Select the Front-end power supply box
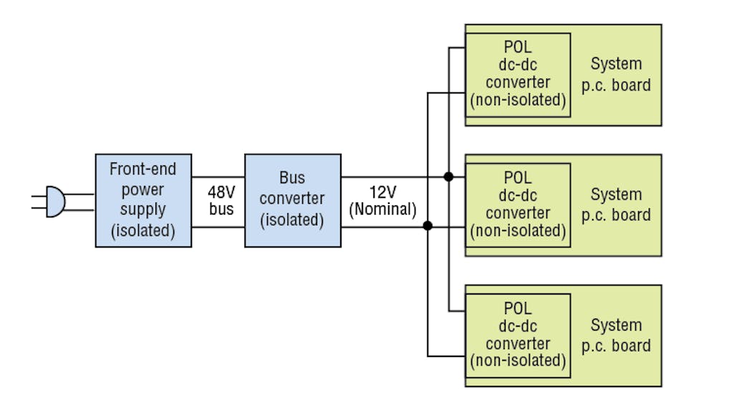[x=143, y=200]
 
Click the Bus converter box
[x=292, y=200]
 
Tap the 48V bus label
[x=221, y=201]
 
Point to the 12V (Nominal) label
[x=382, y=201]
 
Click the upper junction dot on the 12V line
[x=449, y=177]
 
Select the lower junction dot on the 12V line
[x=428, y=226]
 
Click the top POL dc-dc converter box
[x=518, y=74]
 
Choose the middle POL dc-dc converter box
[x=518, y=204]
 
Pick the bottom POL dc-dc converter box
[x=518, y=334]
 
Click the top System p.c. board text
[x=616, y=74]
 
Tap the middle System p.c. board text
[x=616, y=205]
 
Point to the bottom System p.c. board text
[x=616, y=335]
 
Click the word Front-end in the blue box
[x=143, y=170]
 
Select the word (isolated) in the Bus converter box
[x=292, y=220]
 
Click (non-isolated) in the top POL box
[x=518, y=100]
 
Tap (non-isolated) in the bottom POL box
[x=518, y=361]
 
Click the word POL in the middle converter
[x=518, y=177]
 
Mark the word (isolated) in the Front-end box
[x=143, y=230]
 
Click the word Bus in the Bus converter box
[x=292, y=177]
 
